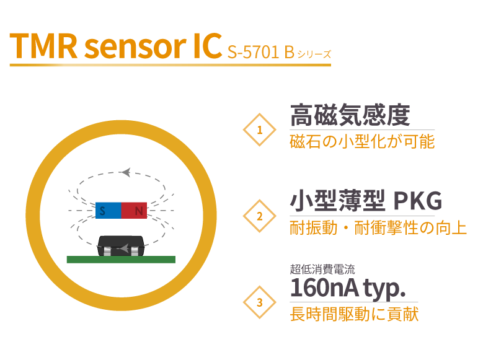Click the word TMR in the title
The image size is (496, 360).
(43, 46)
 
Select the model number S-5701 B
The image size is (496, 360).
(261, 52)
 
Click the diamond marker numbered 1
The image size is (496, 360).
(259, 130)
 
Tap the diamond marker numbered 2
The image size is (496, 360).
(259, 216)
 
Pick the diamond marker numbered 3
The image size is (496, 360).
(259, 302)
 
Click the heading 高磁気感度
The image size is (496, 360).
(350, 115)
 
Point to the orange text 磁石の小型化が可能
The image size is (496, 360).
(362, 142)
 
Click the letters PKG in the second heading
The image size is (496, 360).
(417, 201)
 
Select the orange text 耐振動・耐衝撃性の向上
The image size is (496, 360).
(378, 228)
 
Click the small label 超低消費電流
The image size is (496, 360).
(322, 270)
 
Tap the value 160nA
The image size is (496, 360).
(324, 288)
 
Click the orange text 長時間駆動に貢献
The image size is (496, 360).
(354, 314)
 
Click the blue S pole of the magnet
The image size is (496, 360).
(108, 211)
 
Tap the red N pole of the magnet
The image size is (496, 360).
(134, 211)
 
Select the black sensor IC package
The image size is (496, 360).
(121, 246)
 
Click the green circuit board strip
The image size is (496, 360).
(121, 260)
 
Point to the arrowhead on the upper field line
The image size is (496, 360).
(126, 172)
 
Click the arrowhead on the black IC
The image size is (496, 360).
(125, 248)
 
